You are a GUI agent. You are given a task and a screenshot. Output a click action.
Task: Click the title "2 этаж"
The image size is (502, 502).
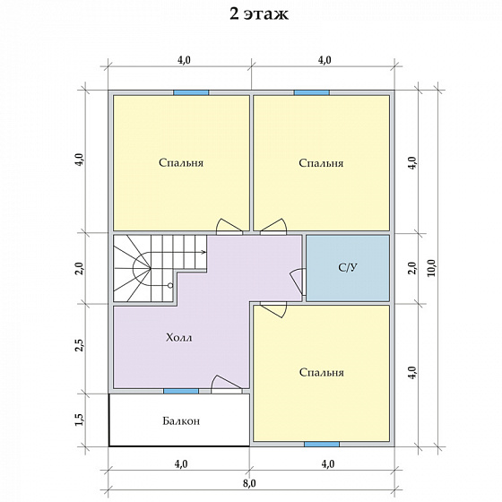coord(259,14)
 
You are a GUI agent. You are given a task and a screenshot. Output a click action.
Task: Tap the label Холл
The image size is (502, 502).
coord(179,337)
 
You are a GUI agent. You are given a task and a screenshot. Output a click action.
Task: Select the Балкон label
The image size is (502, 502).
coord(181,420)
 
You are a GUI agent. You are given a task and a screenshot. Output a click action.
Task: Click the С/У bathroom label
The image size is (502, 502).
coord(348,267)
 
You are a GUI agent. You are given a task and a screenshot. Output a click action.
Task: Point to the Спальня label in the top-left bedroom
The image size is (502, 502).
coord(181,162)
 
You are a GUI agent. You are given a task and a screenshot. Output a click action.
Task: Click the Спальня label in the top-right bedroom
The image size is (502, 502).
coord(321,163)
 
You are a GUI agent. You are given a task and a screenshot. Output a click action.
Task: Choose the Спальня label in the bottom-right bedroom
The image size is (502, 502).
coord(322,372)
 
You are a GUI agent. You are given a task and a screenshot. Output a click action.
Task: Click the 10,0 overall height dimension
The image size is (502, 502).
coord(431,268)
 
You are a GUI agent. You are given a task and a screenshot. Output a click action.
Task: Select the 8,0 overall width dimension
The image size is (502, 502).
coord(249,483)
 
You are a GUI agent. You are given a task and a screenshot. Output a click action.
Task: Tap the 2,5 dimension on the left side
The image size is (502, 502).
coord(79,345)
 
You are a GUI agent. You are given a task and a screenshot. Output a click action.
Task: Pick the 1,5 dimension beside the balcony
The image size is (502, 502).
coord(79,420)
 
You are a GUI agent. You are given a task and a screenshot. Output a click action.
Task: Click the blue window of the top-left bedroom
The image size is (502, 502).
coord(191,92)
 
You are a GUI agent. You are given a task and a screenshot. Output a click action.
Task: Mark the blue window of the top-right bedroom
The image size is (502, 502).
coord(312,92)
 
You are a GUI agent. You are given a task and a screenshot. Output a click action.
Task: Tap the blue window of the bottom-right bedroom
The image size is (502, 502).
coord(322,444)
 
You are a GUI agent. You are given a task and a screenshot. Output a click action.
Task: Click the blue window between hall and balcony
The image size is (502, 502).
coord(181,391)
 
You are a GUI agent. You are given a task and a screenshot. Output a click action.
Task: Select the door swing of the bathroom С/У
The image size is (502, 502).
coord(298,281)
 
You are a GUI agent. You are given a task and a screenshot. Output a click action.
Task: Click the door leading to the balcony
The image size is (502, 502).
coord(226,385)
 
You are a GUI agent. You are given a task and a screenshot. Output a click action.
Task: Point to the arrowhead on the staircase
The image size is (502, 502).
coord(203,252)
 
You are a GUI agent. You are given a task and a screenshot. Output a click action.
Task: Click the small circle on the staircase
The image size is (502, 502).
coord(170,285)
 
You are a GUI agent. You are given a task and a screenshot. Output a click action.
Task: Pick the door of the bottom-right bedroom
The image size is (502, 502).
coord(273,309)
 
